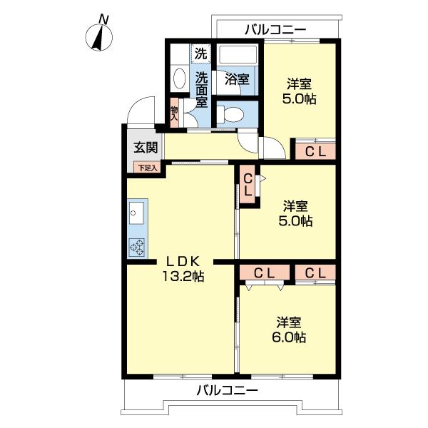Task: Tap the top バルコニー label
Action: coord(275,29)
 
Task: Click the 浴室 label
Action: coord(237,79)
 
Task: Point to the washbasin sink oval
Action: coord(179,79)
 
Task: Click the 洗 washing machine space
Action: coord(201,53)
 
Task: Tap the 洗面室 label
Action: coord(202,89)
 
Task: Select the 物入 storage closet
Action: coord(174,112)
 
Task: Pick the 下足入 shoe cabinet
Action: coord(147,168)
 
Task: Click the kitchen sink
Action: coord(137,212)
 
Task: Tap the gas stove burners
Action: coord(137,247)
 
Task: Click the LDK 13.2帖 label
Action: coord(183,268)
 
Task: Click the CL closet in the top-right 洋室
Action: coord(315,151)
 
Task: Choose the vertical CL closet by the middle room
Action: coord(247,185)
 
